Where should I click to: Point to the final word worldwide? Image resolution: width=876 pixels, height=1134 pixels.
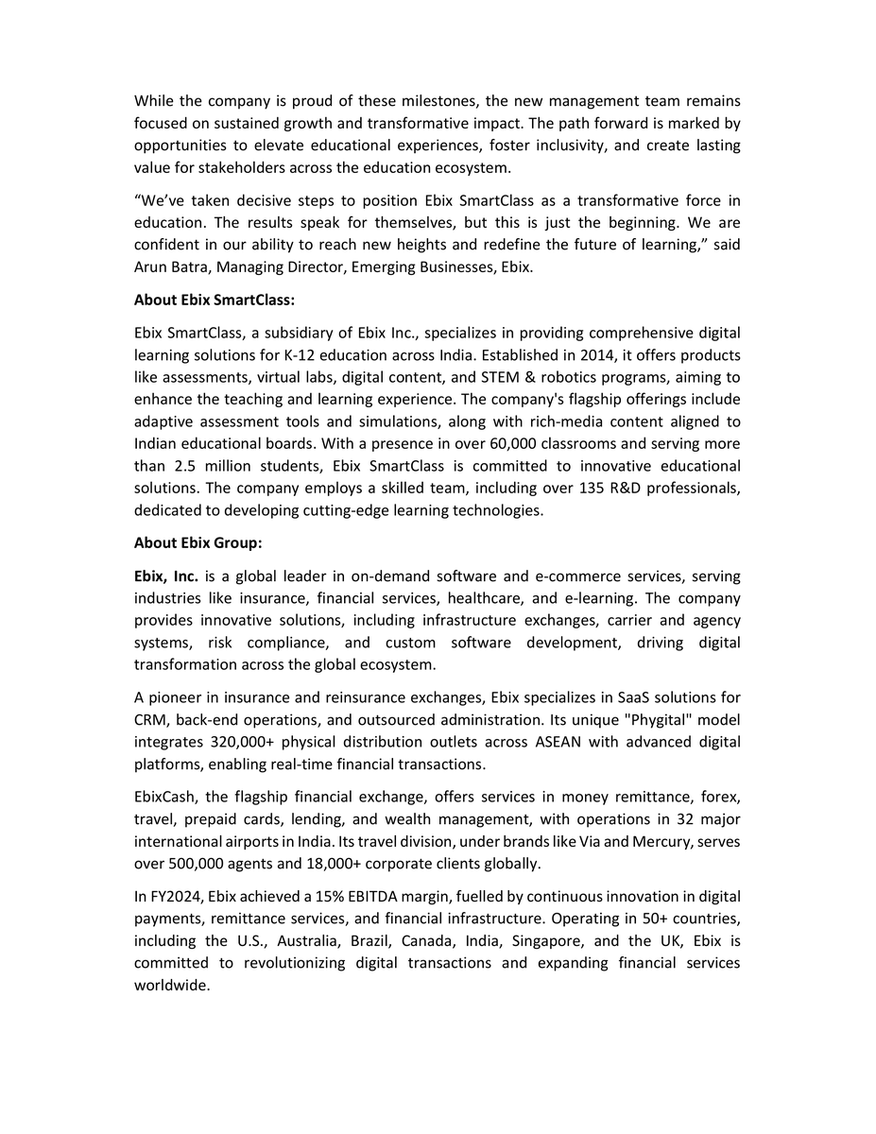(x=170, y=986)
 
